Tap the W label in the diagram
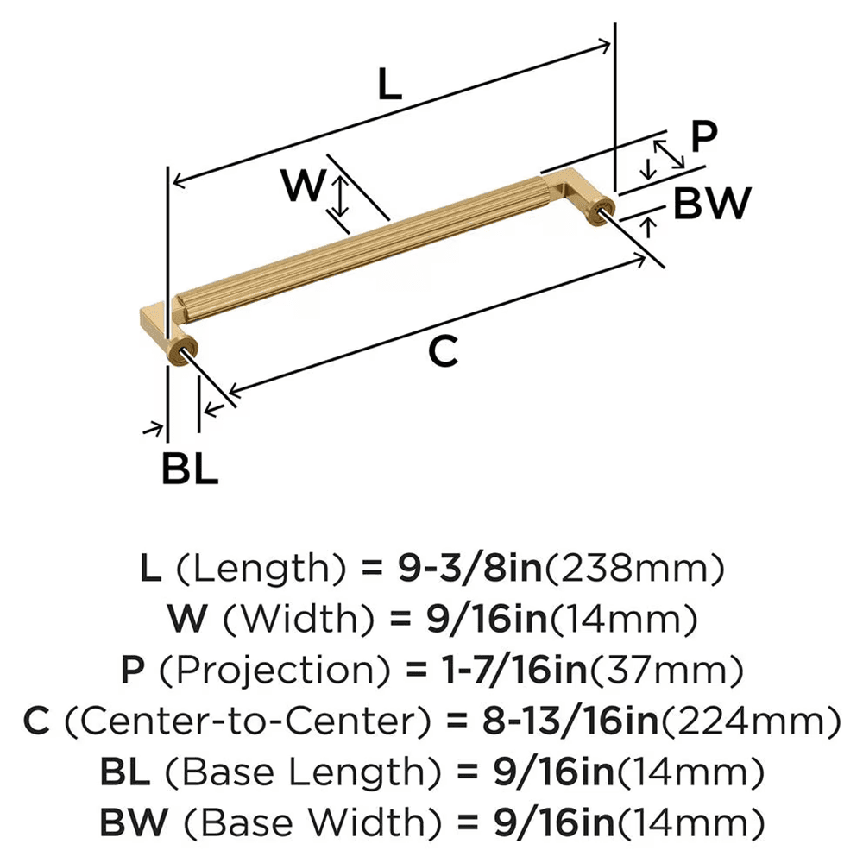coord(305,185)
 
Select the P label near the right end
coord(705,136)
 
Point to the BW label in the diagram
coord(710,205)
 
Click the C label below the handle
coord(442,351)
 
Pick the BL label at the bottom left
coord(190,470)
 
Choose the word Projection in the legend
coord(243,669)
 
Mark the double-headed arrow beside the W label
coord(343,196)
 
